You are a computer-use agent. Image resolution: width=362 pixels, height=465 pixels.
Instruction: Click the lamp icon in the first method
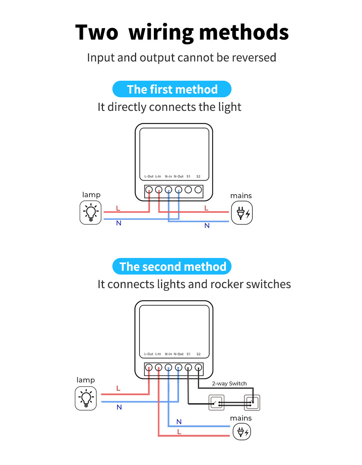(x=90, y=213)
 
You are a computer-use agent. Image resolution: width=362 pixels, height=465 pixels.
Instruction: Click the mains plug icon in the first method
(x=242, y=213)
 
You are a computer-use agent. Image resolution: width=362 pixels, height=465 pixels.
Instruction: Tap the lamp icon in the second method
(x=86, y=398)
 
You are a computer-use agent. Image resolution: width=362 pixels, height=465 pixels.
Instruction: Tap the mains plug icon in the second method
(x=242, y=432)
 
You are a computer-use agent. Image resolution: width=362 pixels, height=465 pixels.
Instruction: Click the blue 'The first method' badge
(x=172, y=89)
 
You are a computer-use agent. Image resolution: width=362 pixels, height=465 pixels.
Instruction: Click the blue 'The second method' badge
(x=172, y=267)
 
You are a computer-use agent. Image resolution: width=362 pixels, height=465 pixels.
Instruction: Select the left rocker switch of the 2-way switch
(x=216, y=403)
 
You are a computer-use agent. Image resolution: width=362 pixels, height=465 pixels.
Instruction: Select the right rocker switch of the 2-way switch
(x=252, y=403)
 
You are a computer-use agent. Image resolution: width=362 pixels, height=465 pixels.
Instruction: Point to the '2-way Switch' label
(x=229, y=384)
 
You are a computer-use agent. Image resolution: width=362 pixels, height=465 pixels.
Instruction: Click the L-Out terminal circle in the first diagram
(x=149, y=190)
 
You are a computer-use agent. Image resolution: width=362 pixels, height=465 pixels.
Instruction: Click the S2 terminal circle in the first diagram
(x=198, y=190)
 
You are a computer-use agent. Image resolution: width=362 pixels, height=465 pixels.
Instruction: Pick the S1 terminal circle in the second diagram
(x=188, y=367)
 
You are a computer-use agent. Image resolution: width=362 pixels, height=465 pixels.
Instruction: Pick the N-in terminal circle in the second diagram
(x=169, y=367)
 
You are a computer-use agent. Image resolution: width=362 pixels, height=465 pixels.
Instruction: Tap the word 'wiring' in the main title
(x=161, y=33)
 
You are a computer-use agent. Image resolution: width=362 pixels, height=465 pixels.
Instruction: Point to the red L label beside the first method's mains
(x=206, y=208)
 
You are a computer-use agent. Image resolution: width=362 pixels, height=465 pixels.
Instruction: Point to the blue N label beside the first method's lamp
(x=119, y=223)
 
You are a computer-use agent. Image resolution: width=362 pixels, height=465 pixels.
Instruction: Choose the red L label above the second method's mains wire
(x=179, y=432)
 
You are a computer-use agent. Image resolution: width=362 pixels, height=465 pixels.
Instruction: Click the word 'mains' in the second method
(x=241, y=418)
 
